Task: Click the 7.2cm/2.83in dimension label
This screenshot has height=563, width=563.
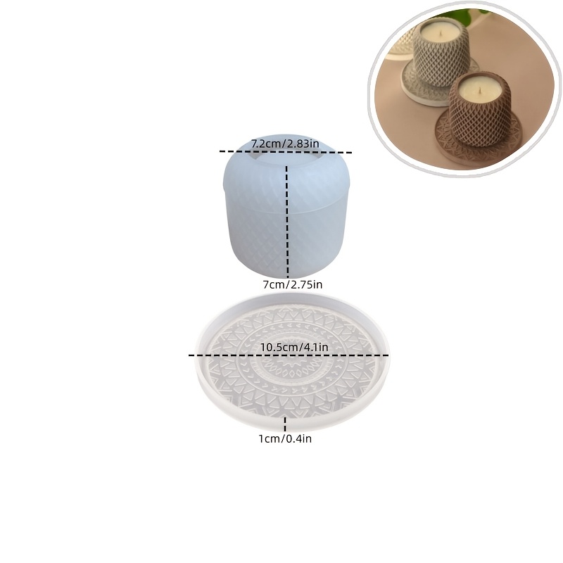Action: click(x=285, y=144)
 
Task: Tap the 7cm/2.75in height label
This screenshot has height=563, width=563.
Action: click(x=293, y=285)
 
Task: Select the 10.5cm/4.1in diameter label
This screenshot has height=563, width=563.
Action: click(x=294, y=347)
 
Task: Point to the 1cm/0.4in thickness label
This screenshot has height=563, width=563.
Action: click(x=285, y=438)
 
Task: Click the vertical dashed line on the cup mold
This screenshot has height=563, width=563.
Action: click(x=287, y=222)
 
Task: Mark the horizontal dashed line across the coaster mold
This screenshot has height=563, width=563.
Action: click(x=289, y=355)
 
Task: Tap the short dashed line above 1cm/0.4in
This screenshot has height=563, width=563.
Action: click(x=285, y=424)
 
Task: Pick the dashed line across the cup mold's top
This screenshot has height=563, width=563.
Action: click(x=286, y=152)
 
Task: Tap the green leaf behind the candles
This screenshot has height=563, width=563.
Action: click(x=467, y=13)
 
